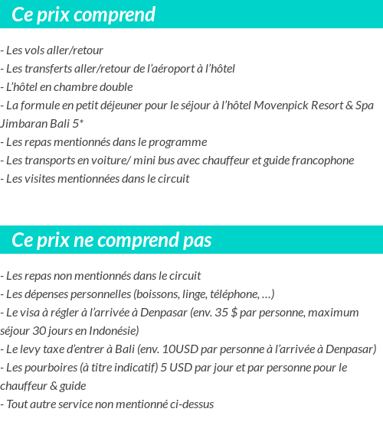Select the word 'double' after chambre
[x=116, y=87]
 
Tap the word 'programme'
[x=179, y=142]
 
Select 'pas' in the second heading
[x=197, y=241]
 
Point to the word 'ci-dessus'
[x=190, y=404]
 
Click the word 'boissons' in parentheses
[x=157, y=294]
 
